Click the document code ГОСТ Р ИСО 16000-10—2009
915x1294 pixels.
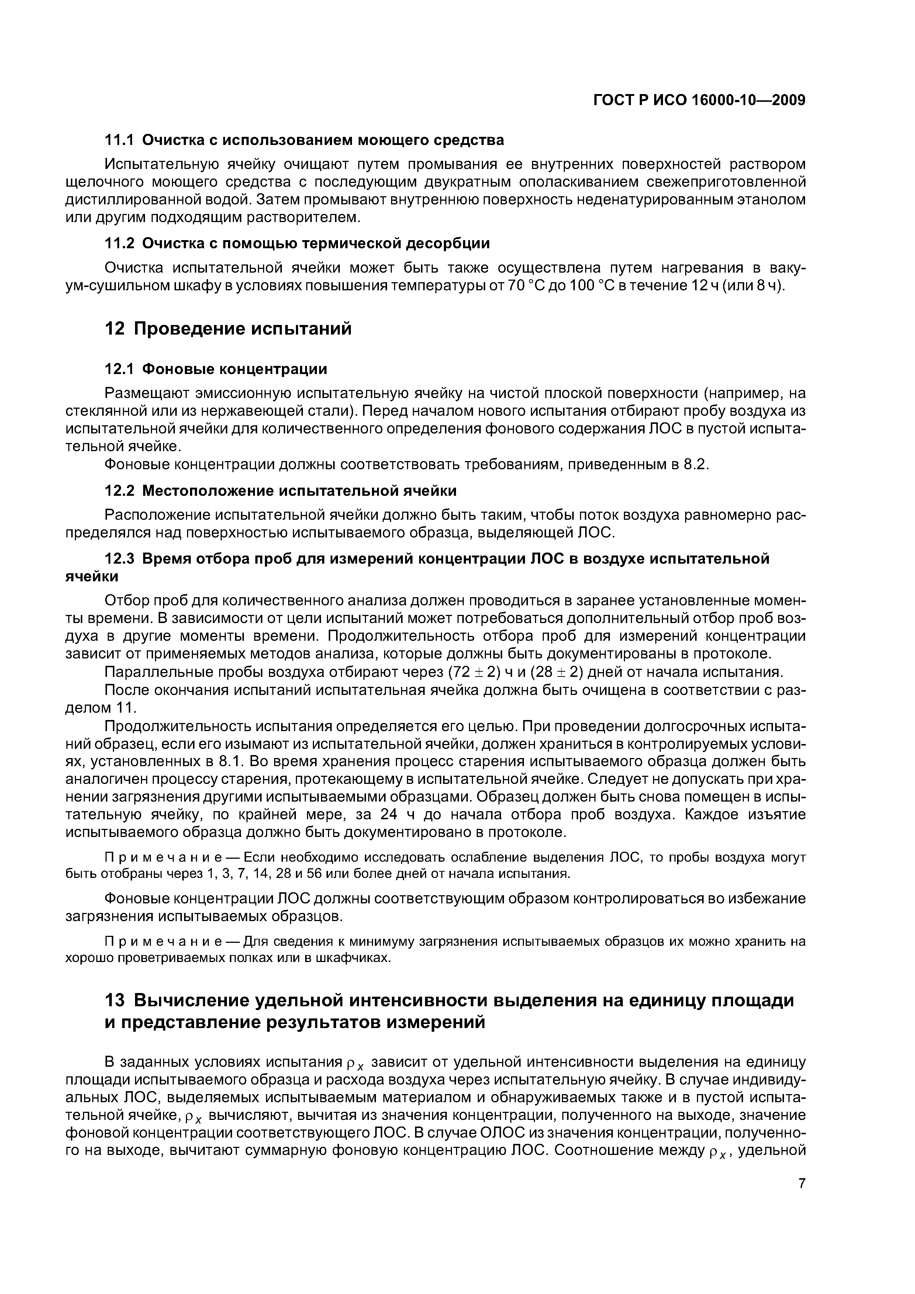(x=700, y=100)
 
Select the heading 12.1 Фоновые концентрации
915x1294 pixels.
(x=216, y=369)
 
